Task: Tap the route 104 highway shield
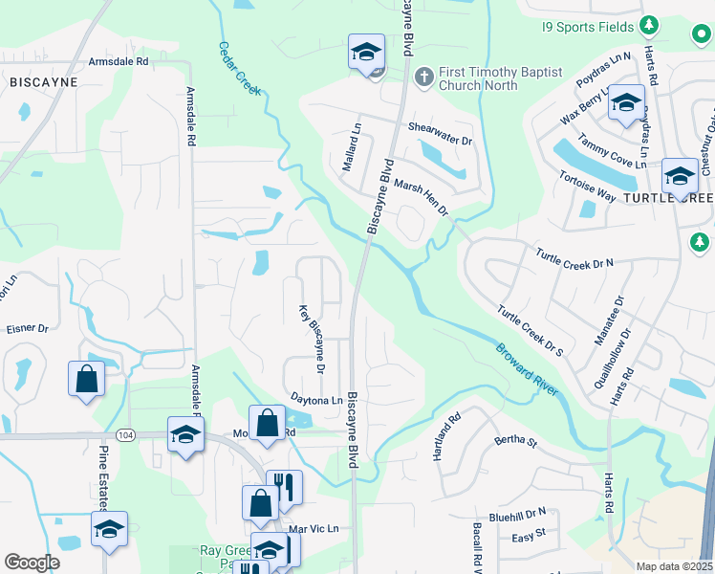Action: click(x=124, y=434)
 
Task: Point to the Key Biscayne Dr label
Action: click(x=312, y=339)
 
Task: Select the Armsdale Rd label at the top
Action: click(x=119, y=61)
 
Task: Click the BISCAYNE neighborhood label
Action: click(x=43, y=83)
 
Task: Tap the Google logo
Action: click(x=32, y=563)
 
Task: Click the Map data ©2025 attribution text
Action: click(x=674, y=566)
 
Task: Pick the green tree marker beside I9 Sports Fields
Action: click(x=649, y=24)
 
